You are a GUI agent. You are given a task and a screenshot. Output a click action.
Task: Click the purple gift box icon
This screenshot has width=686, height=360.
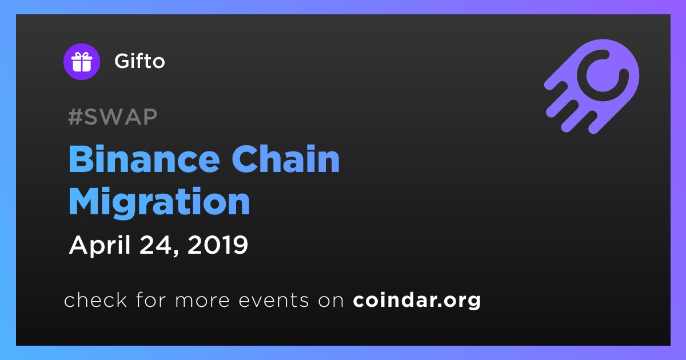click(82, 62)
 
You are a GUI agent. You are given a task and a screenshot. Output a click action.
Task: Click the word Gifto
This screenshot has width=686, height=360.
click(139, 61)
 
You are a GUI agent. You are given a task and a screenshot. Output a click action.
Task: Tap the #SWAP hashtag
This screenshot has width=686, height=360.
click(113, 117)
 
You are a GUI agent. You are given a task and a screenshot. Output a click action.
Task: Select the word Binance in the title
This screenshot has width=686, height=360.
click(144, 159)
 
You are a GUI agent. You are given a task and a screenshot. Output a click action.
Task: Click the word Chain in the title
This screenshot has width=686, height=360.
click(286, 159)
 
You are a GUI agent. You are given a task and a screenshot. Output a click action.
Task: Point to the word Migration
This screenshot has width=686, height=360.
click(159, 202)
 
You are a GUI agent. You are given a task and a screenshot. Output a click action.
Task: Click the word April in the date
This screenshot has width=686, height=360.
click(100, 245)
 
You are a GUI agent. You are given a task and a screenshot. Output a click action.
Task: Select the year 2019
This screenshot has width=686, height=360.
click(218, 245)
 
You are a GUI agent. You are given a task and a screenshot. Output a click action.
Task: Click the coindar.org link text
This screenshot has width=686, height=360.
click(417, 300)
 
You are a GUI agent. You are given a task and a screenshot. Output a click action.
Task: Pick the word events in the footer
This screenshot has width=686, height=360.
click(274, 300)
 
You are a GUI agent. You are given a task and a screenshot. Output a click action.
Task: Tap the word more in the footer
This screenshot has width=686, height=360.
click(202, 301)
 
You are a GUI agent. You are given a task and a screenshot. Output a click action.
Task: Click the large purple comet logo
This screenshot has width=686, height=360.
click(592, 86)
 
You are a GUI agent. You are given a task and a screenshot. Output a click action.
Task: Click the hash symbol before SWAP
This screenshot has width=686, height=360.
click(75, 117)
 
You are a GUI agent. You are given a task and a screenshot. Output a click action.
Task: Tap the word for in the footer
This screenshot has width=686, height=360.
click(151, 299)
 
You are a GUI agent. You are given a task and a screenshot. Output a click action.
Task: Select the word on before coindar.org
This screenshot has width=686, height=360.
click(331, 301)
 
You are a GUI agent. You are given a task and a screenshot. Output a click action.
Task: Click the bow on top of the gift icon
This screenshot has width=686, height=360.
click(82, 55)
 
